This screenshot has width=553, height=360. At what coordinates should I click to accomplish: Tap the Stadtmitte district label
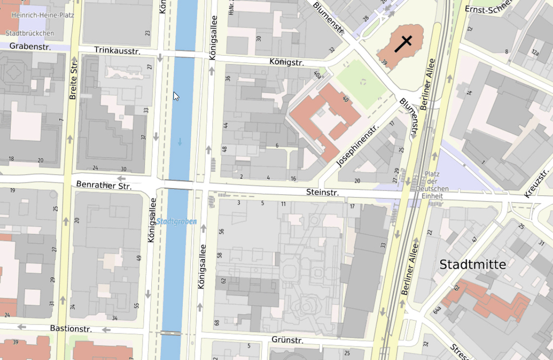[473, 264]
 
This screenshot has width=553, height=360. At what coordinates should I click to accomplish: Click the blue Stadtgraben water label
[177, 221]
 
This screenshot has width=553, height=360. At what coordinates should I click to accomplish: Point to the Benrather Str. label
[104, 185]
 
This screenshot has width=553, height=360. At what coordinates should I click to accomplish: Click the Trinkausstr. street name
[117, 50]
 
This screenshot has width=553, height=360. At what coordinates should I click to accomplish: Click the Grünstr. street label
[287, 341]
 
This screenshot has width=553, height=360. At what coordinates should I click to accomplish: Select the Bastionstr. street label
[71, 328]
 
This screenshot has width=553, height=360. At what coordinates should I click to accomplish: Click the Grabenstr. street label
[30, 47]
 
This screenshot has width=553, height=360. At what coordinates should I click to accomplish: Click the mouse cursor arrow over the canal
[176, 96]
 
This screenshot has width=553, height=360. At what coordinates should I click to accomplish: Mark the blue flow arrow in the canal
[180, 141]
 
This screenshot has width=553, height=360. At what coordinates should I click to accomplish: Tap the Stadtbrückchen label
[30, 33]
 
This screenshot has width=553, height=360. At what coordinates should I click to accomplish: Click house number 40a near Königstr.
[317, 74]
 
